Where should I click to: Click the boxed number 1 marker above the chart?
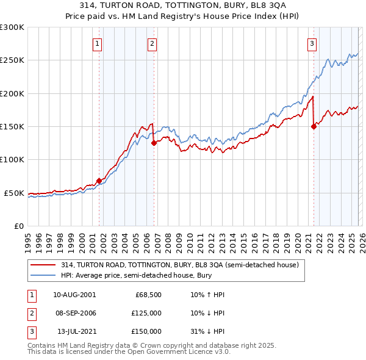pos(98,43)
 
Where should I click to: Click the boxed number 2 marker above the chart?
pos(152,43)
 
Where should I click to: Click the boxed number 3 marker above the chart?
pos(312,43)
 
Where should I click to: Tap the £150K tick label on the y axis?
pos(12,127)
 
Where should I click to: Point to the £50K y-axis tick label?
pos(14,193)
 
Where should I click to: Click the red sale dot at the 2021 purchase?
pos(314,127)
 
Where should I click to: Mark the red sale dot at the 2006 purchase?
pos(154,143)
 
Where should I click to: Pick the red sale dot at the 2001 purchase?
pos(99,181)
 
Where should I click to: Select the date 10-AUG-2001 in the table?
pos(74,295)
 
